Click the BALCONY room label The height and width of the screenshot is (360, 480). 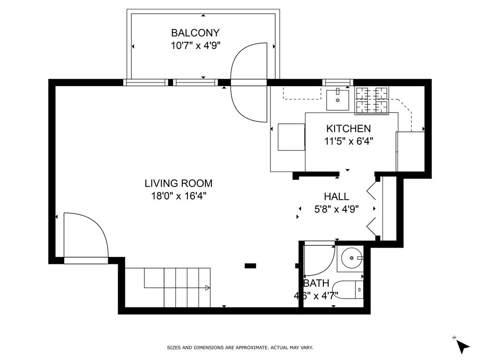tap(195, 33)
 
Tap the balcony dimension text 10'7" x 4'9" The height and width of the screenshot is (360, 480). tap(195, 46)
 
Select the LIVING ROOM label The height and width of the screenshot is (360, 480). tap(179, 183)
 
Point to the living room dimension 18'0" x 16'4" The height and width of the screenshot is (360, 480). tap(179, 196)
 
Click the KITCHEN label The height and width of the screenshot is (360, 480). tap(348, 128)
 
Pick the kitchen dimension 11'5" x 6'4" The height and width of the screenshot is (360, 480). tap(348, 142)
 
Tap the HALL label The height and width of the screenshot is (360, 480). tap(337, 196)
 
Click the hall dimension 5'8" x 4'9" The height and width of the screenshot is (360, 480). tap(337, 210)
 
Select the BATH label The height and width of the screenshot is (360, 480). tap(316, 283)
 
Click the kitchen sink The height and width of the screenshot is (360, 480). tap(337, 100)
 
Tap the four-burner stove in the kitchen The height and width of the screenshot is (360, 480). tap(372, 101)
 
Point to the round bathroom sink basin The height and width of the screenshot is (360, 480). tap(352, 258)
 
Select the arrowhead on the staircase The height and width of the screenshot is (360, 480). tap(208, 288)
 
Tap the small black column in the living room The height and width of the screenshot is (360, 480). tap(250, 266)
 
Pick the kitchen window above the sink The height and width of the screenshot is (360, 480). tap(337, 82)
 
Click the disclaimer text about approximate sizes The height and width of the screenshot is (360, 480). tap(240, 348)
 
